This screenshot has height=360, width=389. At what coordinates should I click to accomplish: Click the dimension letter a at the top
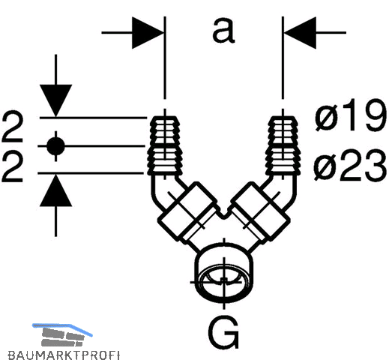tap(223, 31)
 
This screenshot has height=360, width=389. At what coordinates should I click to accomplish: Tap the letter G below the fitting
tap(223, 331)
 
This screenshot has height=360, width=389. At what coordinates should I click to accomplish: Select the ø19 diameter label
tap(351, 115)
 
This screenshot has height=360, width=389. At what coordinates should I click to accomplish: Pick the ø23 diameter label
tap(350, 164)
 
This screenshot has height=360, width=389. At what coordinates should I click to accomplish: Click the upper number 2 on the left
tap(13, 127)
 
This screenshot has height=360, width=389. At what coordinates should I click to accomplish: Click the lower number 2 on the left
tap(13, 167)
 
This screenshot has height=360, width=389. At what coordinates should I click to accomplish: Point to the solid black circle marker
tap(55, 146)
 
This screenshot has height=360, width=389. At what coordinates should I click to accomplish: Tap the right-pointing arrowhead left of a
tap(148, 33)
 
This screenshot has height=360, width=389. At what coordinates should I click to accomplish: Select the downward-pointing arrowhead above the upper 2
tap(55, 100)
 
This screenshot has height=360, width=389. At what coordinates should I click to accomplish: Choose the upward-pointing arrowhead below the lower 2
tap(55, 190)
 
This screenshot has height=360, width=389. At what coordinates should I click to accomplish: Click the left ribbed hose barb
tap(165, 145)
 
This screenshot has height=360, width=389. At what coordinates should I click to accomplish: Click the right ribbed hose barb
tap(283, 145)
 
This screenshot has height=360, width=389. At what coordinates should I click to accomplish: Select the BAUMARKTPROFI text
tap(64, 355)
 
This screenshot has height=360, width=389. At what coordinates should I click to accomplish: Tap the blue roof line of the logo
tap(62, 328)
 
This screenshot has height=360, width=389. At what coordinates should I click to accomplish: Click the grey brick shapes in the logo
tap(62, 337)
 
